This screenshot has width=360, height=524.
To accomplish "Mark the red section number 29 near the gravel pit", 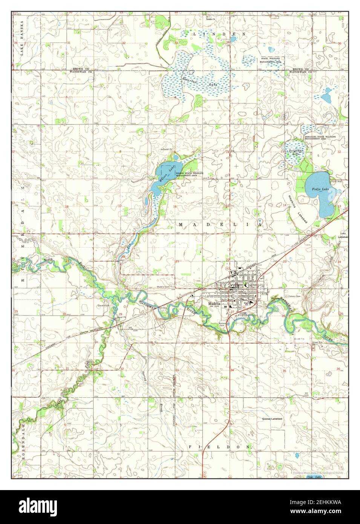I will tap(120, 314).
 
